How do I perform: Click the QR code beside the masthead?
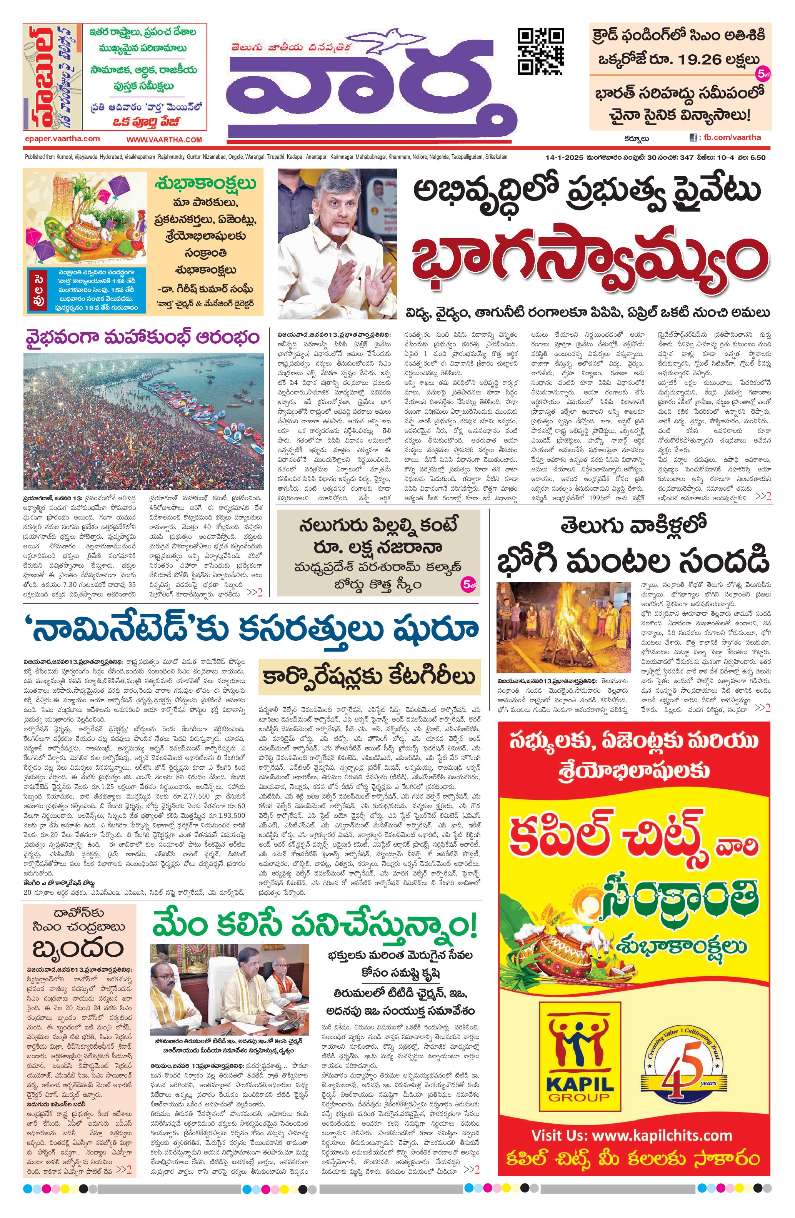point(541,52)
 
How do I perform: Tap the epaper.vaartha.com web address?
point(62,139)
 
